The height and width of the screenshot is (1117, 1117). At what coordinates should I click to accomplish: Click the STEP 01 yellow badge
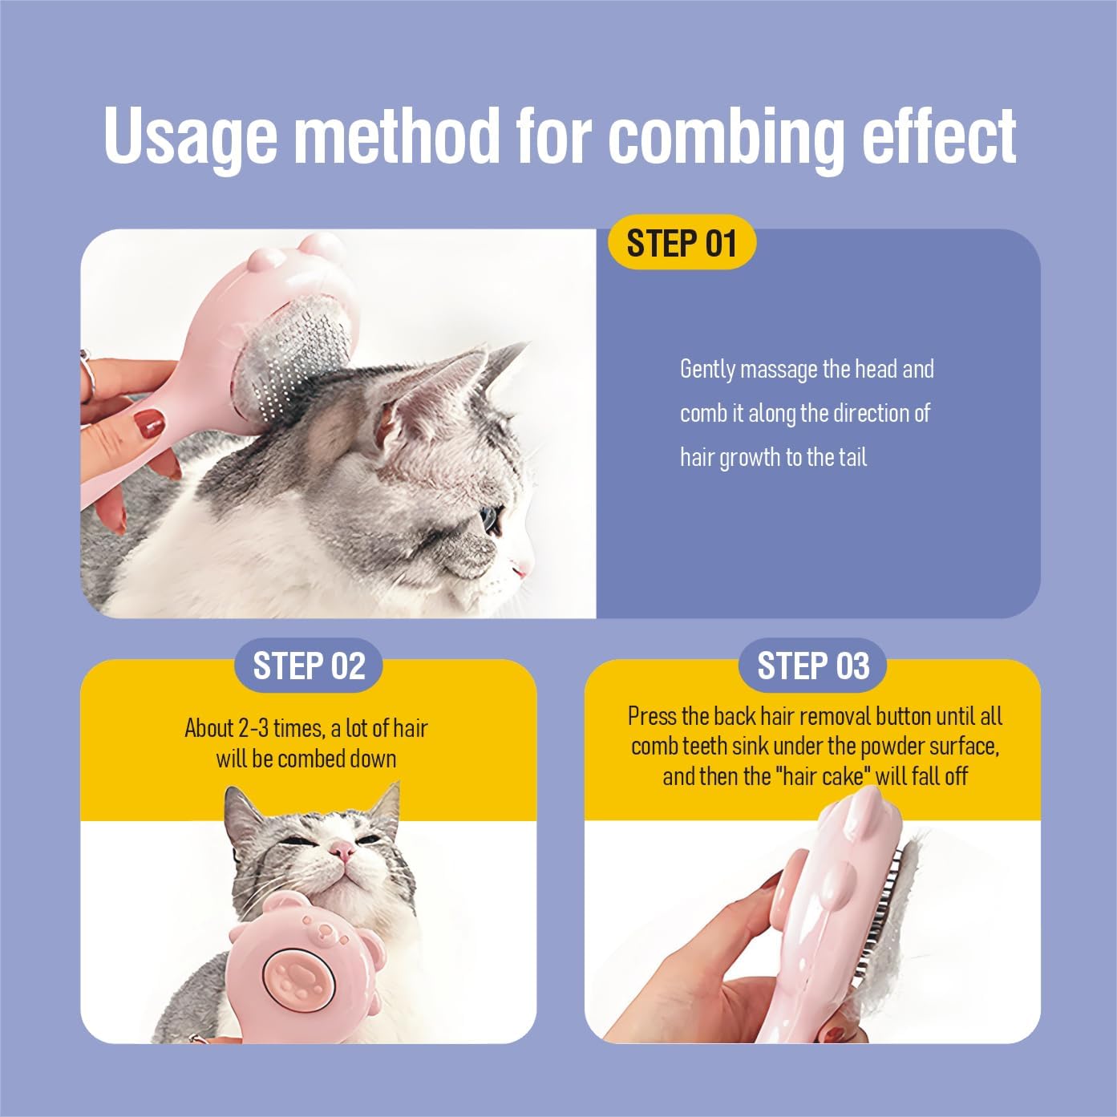point(682,242)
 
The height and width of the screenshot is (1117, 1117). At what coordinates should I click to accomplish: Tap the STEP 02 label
point(309,666)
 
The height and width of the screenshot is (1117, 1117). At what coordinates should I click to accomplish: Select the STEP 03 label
point(813,666)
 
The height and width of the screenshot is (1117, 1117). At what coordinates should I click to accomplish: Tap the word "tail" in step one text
point(852,457)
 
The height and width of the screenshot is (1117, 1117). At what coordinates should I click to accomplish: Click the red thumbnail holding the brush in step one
point(150,423)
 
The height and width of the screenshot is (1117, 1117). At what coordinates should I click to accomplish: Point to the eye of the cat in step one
point(489,518)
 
